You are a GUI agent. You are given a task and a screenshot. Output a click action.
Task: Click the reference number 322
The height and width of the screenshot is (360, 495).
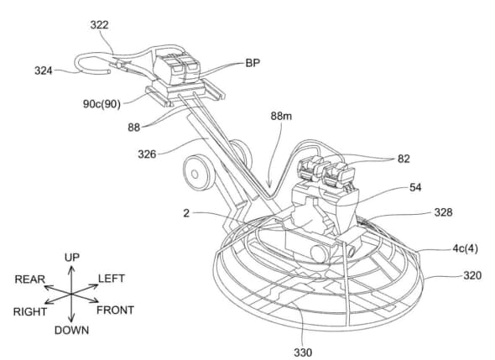click(100, 25)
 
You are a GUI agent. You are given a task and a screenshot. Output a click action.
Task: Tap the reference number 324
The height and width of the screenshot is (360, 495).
click(44, 70)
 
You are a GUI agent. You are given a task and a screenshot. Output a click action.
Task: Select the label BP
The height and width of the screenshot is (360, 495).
click(253, 63)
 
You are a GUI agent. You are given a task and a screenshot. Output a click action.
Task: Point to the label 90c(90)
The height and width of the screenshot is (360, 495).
click(102, 104)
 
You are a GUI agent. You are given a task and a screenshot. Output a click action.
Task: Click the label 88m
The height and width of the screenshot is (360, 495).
click(281, 116)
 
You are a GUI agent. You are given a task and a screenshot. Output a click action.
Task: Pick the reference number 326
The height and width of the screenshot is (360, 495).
click(147, 154)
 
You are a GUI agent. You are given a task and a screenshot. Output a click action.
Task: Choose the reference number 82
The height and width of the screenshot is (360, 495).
click(404, 159)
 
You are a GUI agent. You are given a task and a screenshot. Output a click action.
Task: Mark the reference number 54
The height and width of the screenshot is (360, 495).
click(415, 188)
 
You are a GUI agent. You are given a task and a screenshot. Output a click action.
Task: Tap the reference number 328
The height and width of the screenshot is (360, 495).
click(443, 212)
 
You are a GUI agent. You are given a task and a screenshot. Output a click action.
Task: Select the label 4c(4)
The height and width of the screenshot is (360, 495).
click(466, 249)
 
